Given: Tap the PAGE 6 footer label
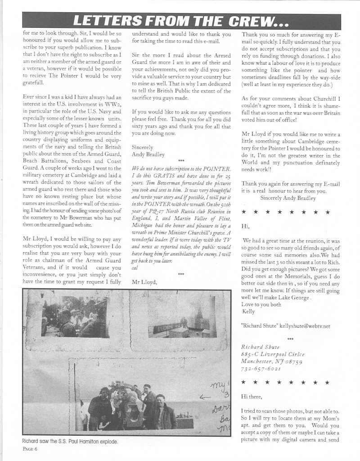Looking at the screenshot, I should tap(29, 449).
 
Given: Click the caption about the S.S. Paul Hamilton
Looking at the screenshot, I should tap(70, 442).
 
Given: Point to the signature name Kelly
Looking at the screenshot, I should tap(248, 311).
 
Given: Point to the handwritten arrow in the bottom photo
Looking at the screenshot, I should tap(205, 397).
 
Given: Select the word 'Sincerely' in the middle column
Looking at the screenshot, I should tap(142, 147).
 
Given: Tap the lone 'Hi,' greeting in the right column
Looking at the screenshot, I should tap(245, 226).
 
